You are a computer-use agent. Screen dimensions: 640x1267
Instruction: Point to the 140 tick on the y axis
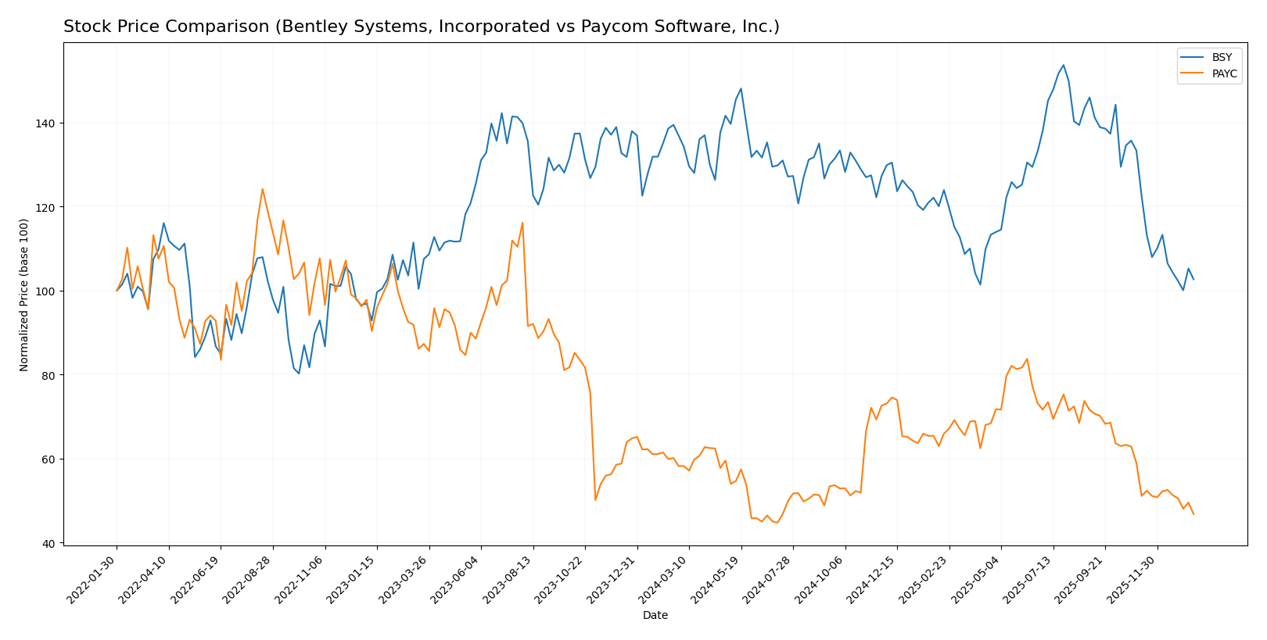pos(48,123)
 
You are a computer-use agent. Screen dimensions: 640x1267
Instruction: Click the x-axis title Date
pos(655,616)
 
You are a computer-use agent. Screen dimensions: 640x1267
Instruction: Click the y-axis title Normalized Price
pos(24,295)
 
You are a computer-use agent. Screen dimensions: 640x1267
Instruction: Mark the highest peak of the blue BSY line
pos(1063,65)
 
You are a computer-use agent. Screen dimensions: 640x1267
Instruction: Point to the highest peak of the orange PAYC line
pos(262,188)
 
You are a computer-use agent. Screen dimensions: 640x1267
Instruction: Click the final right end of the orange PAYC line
pos(1193,514)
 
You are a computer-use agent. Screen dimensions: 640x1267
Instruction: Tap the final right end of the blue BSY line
pos(1193,279)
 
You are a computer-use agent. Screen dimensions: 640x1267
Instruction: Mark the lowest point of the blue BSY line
pos(299,374)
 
